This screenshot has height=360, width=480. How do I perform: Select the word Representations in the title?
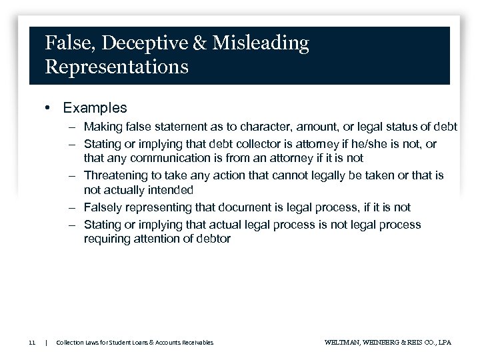click(116, 67)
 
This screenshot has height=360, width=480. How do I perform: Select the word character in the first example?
click(255, 127)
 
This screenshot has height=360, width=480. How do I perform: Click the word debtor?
click(213, 239)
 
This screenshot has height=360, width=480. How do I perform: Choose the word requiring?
click(107, 239)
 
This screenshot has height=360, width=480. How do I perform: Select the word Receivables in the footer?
click(197, 342)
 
